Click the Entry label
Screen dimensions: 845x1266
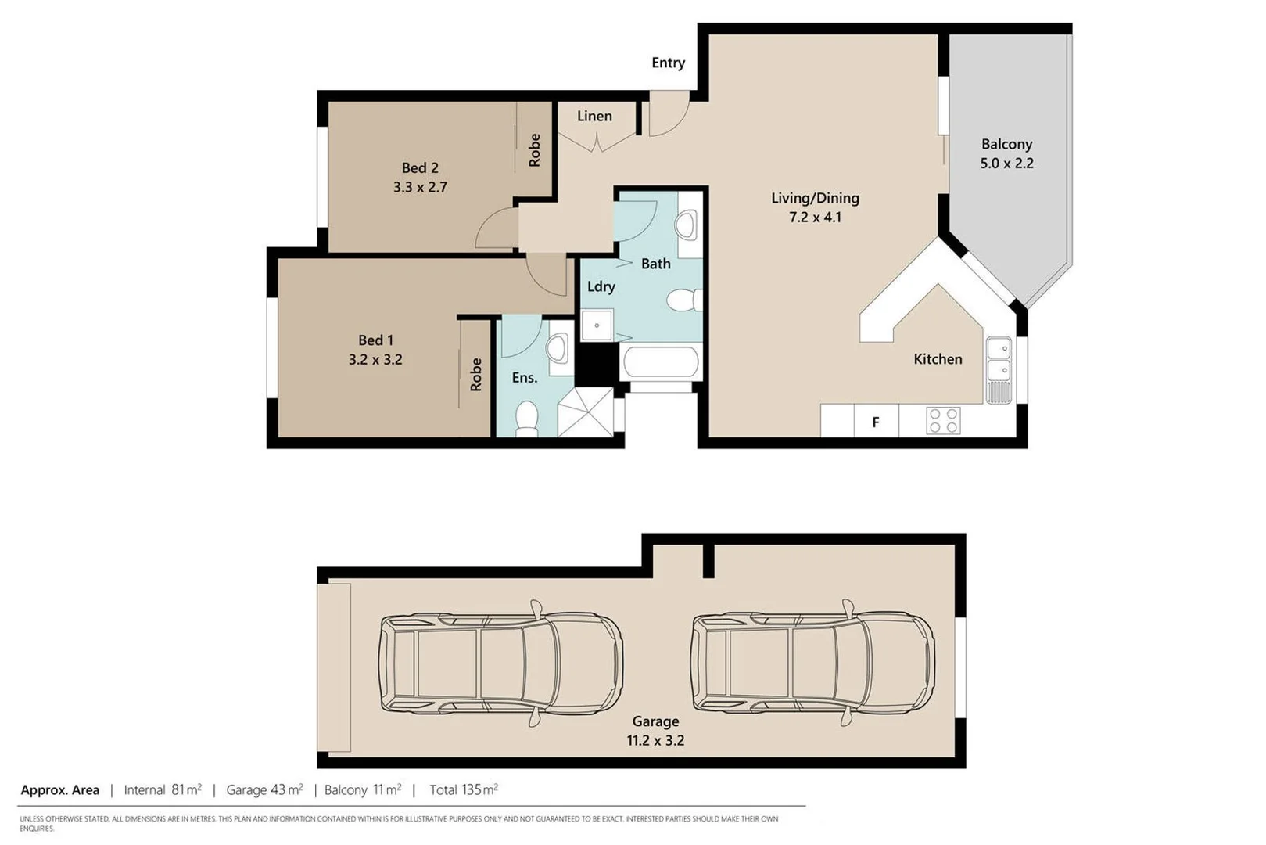668,63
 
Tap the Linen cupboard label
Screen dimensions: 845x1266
594,116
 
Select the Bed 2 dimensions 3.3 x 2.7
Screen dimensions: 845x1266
420,187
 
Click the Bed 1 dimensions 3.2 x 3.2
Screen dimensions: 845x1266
375,360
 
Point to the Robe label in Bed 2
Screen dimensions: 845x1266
535,149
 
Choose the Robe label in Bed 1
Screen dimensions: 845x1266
476,375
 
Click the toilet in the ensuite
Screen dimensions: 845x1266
527,419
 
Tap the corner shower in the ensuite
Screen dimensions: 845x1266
586,412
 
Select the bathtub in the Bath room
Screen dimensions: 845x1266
660,363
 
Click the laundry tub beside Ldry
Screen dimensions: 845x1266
597,324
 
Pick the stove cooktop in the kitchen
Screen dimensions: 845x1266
943,420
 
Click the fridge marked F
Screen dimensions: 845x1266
876,422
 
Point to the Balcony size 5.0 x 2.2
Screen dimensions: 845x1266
1006,164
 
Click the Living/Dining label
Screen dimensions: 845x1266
815,198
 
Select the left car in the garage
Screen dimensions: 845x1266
500,663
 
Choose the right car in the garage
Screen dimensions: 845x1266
812,663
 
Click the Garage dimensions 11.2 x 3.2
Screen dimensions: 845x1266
655,740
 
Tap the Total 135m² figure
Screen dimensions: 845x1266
463,789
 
